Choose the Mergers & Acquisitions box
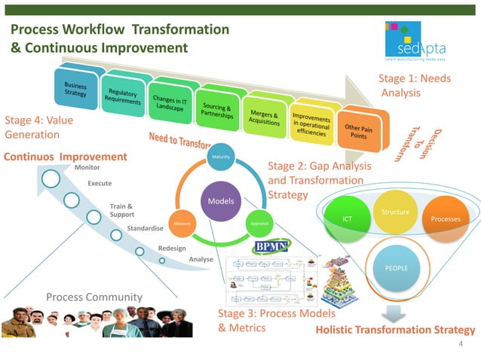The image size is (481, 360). pos(265,118)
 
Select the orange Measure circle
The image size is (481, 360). pos(180,224)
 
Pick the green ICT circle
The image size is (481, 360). pos(348,218)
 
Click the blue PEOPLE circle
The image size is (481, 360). pos(396,267)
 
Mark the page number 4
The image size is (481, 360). pos(460,343)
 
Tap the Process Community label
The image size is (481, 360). pos(93,297)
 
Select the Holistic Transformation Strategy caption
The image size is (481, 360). pos(395,330)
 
